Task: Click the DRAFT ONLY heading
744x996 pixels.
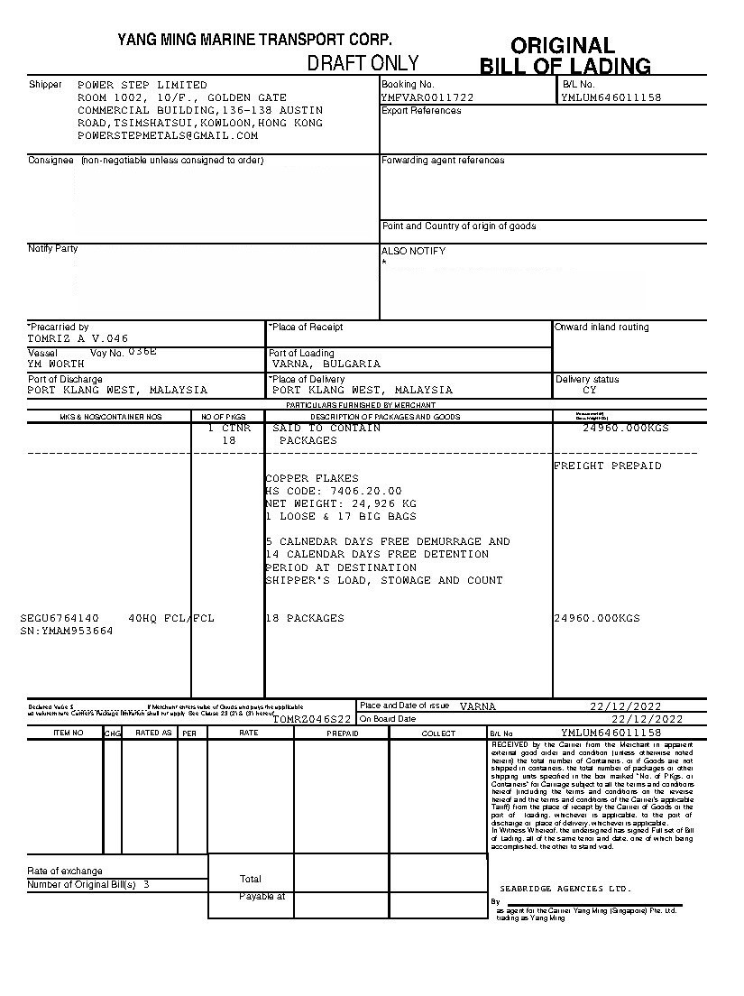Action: tap(363, 63)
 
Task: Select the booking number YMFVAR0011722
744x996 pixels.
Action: tap(427, 97)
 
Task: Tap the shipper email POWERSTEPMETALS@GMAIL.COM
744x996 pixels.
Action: tap(168, 135)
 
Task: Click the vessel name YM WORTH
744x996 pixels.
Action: tap(56, 364)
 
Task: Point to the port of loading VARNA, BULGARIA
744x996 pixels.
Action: tap(326, 364)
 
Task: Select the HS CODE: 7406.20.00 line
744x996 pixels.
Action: tap(334, 491)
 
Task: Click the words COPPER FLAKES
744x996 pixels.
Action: tap(312, 478)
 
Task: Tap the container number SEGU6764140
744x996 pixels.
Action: tap(60, 618)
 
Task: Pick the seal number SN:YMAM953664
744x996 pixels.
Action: tap(67, 631)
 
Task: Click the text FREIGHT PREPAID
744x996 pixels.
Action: tap(607, 466)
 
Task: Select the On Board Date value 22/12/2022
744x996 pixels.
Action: tap(648, 719)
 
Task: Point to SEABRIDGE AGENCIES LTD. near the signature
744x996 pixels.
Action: tap(565, 889)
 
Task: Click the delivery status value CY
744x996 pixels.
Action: tap(590, 391)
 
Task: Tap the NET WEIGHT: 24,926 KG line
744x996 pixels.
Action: tap(341, 503)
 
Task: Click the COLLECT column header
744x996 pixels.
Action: tap(438, 733)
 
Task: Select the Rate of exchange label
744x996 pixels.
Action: tap(65, 871)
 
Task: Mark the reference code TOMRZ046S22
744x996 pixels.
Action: tap(311, 719)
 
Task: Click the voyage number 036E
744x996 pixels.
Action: tap(142, 351)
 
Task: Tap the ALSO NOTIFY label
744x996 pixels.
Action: tap(413, 251)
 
